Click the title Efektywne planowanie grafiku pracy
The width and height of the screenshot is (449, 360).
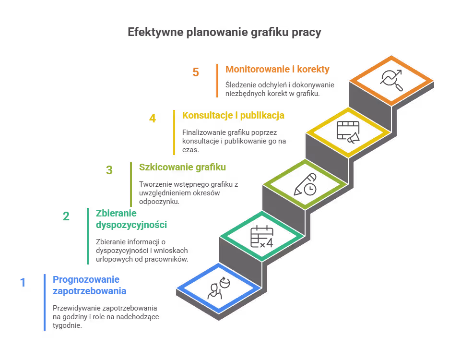click(224, 33)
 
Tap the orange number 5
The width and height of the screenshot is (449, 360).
click(196, 72)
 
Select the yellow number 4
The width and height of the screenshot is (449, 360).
click(153, 118)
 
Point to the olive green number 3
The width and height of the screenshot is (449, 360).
click(109, 170)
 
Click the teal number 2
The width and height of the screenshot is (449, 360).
click(66, 216)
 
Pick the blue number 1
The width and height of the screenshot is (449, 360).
click(23, 282)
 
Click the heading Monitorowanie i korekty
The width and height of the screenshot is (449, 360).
click(277, 69)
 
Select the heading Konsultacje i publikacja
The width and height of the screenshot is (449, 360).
click(233, 115)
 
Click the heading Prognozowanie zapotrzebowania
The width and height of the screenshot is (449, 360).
click(89, 285)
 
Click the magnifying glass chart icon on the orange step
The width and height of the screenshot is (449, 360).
click(391, 79)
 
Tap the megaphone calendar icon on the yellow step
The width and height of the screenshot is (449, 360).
click(348, 132)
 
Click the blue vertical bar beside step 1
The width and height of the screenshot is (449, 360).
click(45, 302)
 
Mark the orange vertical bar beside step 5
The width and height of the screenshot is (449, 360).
click(217, 80)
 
